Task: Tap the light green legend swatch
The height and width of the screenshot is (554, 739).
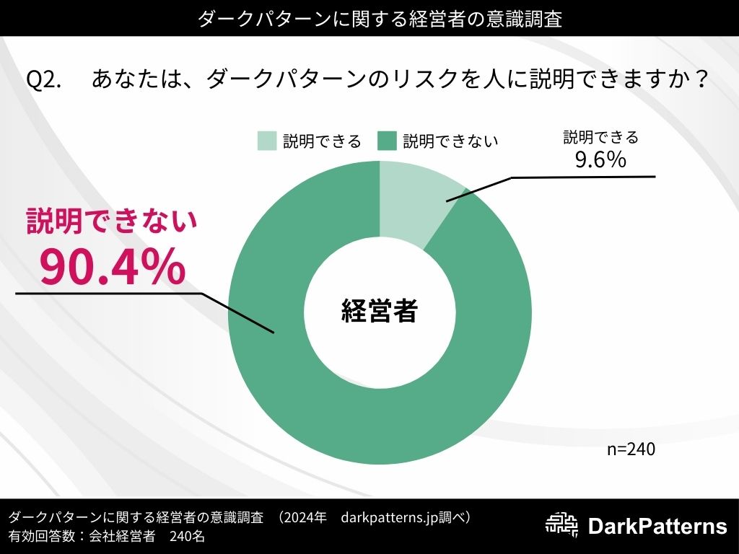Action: pyautogui.click(x=266, y=141)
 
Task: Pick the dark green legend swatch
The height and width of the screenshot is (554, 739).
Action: pyautogui.click(x=387, y=141)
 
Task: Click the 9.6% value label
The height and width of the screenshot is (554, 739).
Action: pyautogui.click(x=600, y=160)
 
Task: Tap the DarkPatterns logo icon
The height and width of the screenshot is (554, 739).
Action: pyautogui.click(x=563, y=527)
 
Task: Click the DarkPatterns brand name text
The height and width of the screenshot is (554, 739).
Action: pyautogui.click(x=657, y=527)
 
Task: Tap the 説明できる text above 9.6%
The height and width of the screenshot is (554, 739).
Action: pyautogui.click(x=600, y=137)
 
